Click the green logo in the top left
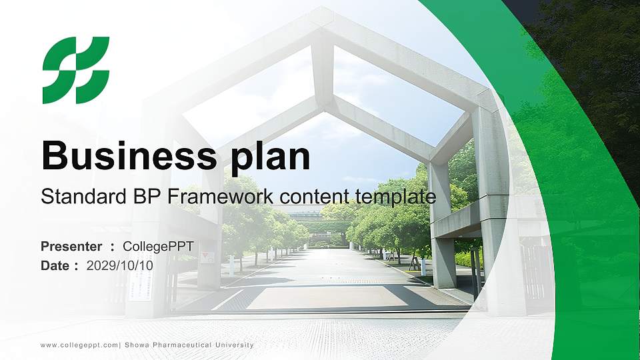(x=76, y=70)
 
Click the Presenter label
(x=71, y=247)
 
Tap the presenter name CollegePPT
(x=163, y=247)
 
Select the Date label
(x=55, y=265)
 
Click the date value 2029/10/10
(x=120, y=265)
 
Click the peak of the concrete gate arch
(x=323, y=27)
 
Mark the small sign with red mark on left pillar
(x=208, y=257)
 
